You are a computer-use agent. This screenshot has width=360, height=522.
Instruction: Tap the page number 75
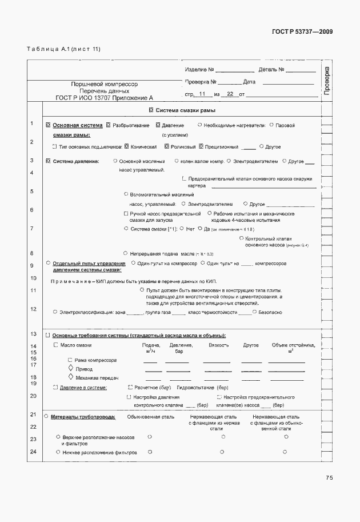pos(329,478)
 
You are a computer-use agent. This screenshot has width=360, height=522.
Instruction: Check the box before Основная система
pos(48,125)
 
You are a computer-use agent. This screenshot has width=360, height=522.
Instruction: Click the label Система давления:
pos(76,162)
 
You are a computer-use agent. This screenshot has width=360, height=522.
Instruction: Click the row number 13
pos(33,333)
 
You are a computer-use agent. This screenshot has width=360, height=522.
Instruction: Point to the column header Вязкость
pos(219,345)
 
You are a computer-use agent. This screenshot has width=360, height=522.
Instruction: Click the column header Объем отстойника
pos(294,345)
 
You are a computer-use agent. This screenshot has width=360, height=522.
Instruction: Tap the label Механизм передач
pos(93,378)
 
